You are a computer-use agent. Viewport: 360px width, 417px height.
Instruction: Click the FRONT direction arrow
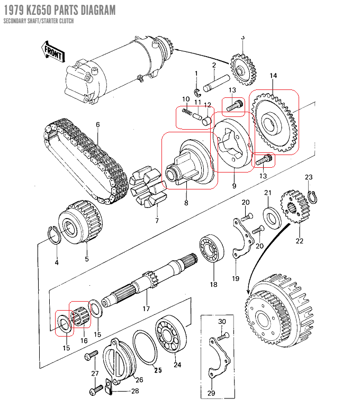(52, 51)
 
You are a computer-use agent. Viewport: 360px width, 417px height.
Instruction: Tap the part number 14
(273, 76)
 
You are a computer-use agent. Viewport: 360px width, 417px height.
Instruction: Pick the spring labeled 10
(187, 112)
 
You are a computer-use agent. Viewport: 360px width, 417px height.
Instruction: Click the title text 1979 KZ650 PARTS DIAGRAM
(58, 10)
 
